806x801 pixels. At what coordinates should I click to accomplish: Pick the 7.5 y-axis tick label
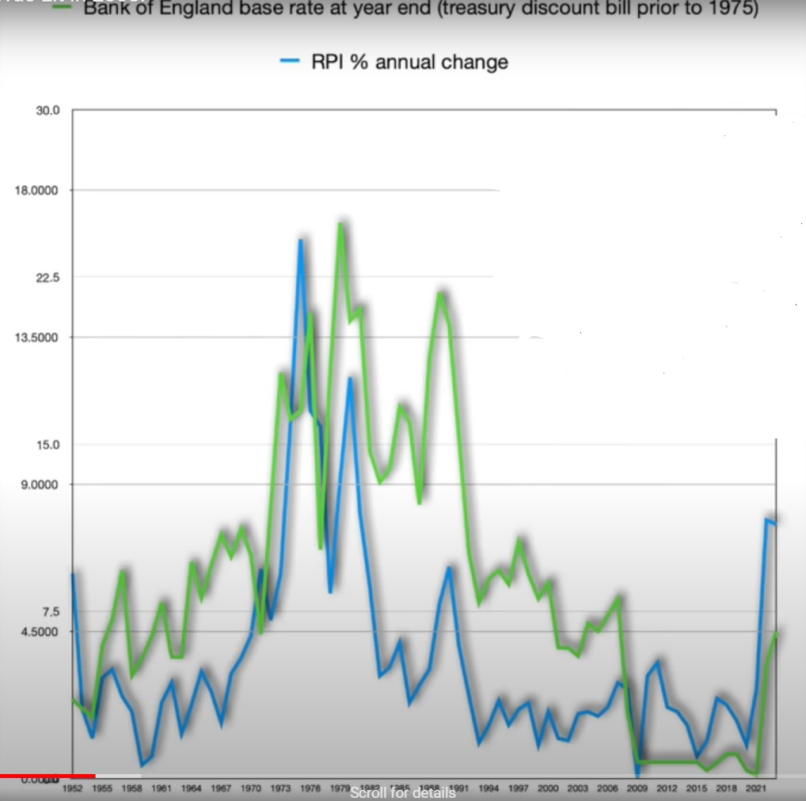point(49,612)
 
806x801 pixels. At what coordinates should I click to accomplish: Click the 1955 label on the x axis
point(102,788)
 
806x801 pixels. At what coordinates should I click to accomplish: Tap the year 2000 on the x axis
point(548,788)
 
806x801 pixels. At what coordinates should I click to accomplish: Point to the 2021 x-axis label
point(756,788)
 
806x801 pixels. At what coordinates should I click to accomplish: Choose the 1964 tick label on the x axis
point(191,788)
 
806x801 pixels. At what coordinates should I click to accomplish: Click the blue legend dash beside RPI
point(290,62)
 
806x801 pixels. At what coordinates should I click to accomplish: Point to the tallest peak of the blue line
point(301,241)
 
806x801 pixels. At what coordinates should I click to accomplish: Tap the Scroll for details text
point(402,793)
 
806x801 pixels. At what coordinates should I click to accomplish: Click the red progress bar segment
point(48,776)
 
